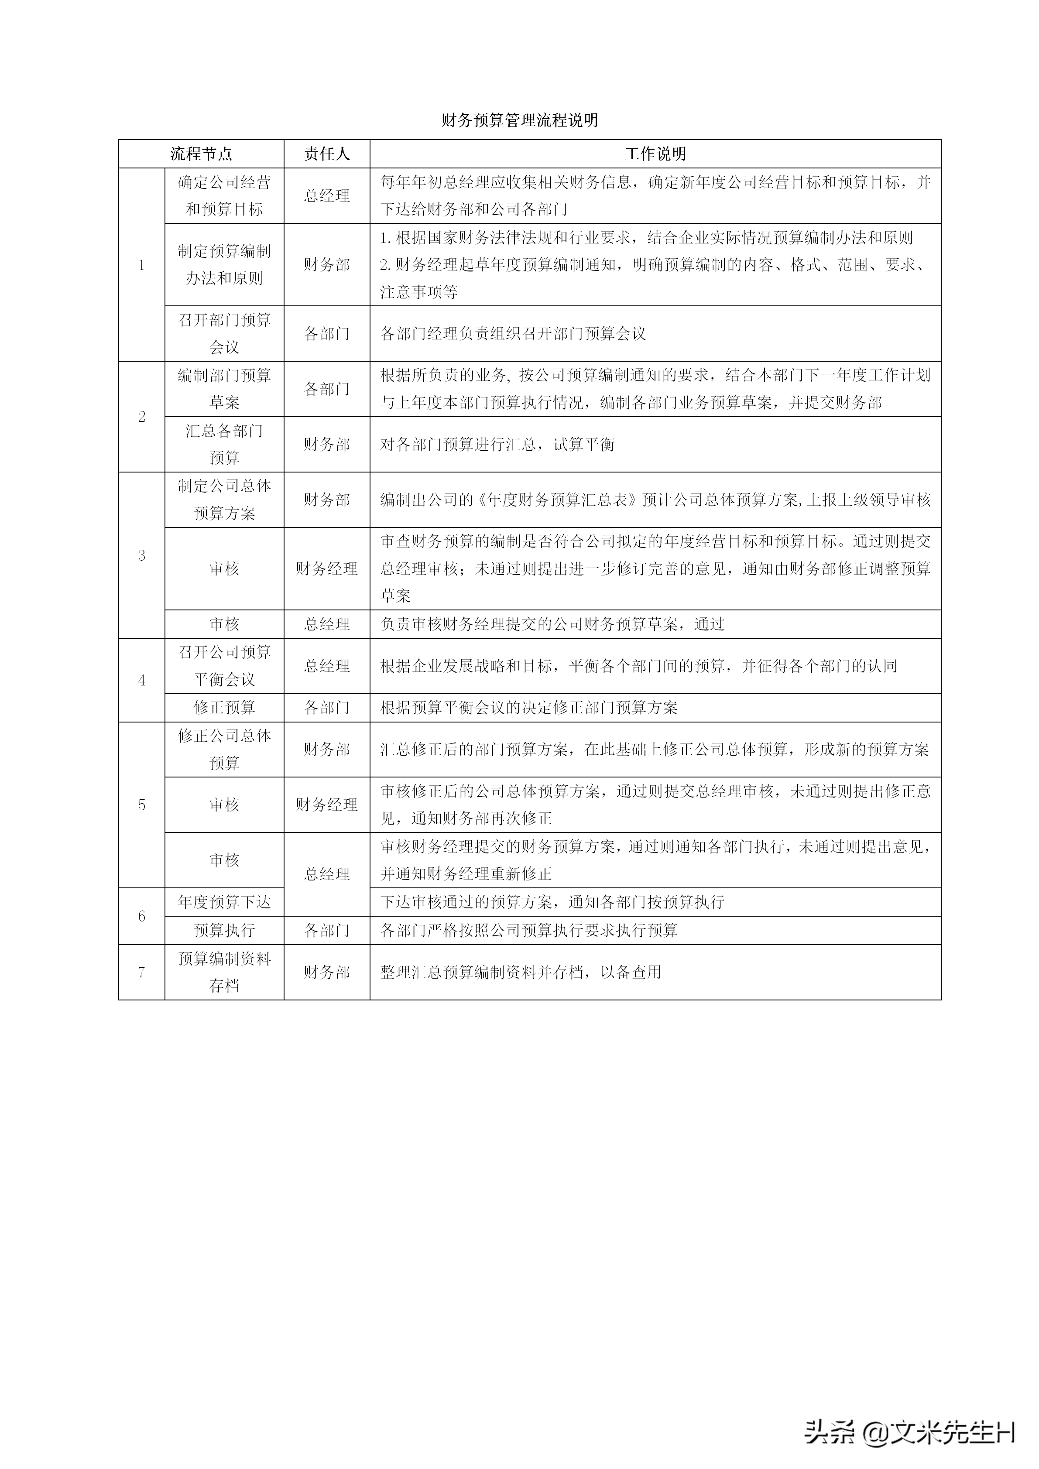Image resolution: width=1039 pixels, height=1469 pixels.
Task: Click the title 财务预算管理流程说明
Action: point(519,120)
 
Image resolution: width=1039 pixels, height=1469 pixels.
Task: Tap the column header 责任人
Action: point(327,154)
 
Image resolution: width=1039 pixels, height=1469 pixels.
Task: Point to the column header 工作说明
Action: point(655,154)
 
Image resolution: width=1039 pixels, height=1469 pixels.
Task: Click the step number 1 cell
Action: point(141,265)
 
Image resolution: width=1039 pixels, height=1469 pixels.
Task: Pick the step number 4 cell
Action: point(141,680)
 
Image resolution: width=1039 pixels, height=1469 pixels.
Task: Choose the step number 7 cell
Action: point(141,972)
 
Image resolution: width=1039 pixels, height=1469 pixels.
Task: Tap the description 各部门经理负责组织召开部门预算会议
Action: point(513,333)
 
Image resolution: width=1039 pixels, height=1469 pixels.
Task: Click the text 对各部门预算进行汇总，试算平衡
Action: point(497,444)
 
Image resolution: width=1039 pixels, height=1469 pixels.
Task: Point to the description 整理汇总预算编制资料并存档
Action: point(521,972)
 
